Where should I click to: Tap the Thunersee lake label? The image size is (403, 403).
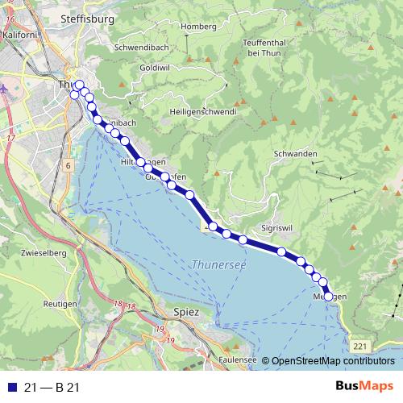coord(219,264)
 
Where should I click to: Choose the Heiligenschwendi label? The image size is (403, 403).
coord(202,110)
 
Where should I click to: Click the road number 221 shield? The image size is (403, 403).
coord(359,345)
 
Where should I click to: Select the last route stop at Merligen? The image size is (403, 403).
coord(328,297)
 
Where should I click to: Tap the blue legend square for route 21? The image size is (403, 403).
coord(10,388)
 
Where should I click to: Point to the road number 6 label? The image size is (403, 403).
coord(69,165)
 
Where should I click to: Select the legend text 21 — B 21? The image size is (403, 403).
coord(52,388)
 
